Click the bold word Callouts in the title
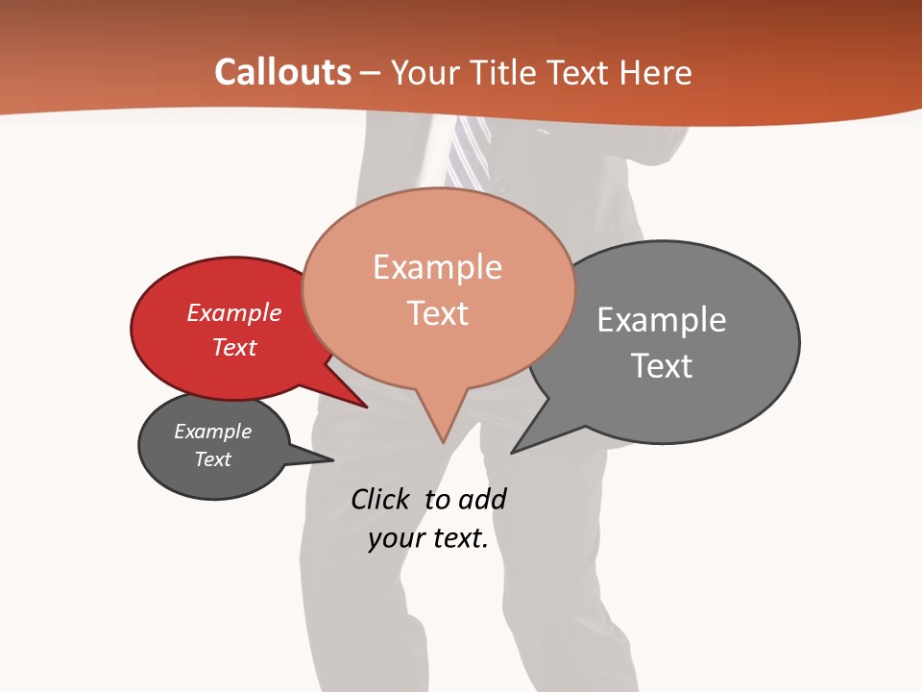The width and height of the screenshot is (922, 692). click(282, 72)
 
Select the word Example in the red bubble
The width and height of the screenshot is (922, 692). click(233, 313)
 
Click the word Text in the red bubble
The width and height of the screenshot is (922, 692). click(233, 347)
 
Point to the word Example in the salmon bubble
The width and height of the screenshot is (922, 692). click(437, 267)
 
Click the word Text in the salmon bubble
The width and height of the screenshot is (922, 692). click(437, 313)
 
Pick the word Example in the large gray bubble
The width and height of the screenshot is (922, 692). click(661, 320)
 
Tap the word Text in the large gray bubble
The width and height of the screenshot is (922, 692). click(661, 366)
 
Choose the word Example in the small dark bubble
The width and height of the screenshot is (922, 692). click(212, 432)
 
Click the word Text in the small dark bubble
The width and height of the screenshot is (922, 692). click(212, 459)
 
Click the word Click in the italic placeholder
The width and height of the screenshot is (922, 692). click(381, 499)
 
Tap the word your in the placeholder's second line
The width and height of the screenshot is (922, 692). click(396, 538)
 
